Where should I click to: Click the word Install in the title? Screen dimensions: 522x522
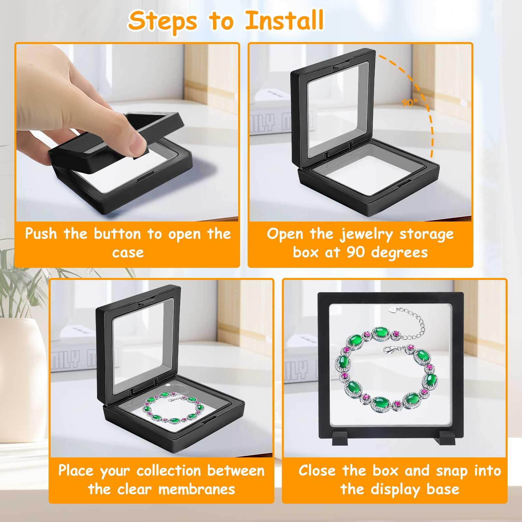[284, 20]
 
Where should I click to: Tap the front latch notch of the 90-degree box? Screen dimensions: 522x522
[404, 184]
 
